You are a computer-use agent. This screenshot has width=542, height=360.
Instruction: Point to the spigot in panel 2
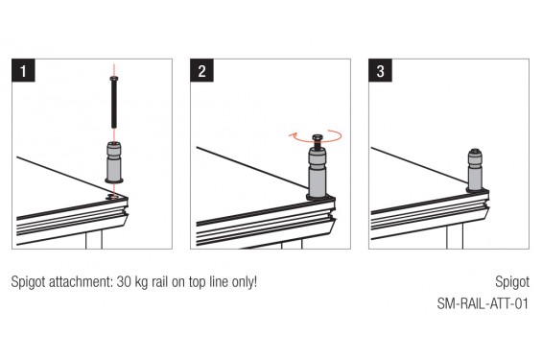coord(318,173)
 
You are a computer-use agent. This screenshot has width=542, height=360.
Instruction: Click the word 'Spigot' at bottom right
coord(511,284)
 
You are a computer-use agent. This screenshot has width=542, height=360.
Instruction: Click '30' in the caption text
coord(125,284)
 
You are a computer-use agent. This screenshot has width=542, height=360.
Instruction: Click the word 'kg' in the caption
coord(143,284)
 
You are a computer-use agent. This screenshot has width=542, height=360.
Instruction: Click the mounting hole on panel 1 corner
coord(114,198)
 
